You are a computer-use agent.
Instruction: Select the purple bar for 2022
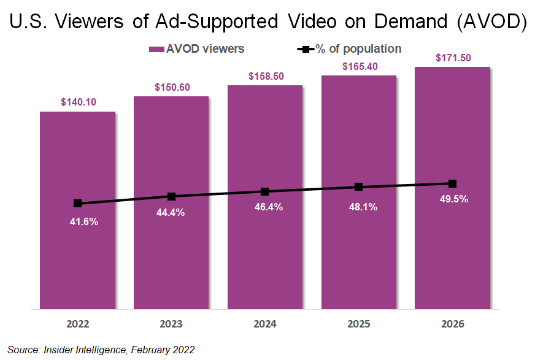[77, 258]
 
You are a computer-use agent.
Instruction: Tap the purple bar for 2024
[264, 258]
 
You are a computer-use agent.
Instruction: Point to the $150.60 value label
[171, 87]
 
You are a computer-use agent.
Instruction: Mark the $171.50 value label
[452, 58]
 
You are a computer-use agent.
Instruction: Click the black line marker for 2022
[77, 204]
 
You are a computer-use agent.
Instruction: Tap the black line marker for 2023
[171, 196]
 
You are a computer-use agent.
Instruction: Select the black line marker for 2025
[358, 186]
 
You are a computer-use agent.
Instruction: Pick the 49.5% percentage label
[452, 199]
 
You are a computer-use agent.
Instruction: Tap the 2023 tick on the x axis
[171, 324]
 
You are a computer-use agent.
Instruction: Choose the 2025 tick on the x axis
[358, 324]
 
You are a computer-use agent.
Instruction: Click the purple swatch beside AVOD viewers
[156, 49]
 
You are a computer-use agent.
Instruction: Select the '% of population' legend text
[358, 49]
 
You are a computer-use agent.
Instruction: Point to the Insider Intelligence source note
[101, 350]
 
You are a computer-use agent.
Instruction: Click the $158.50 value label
[264, 76]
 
